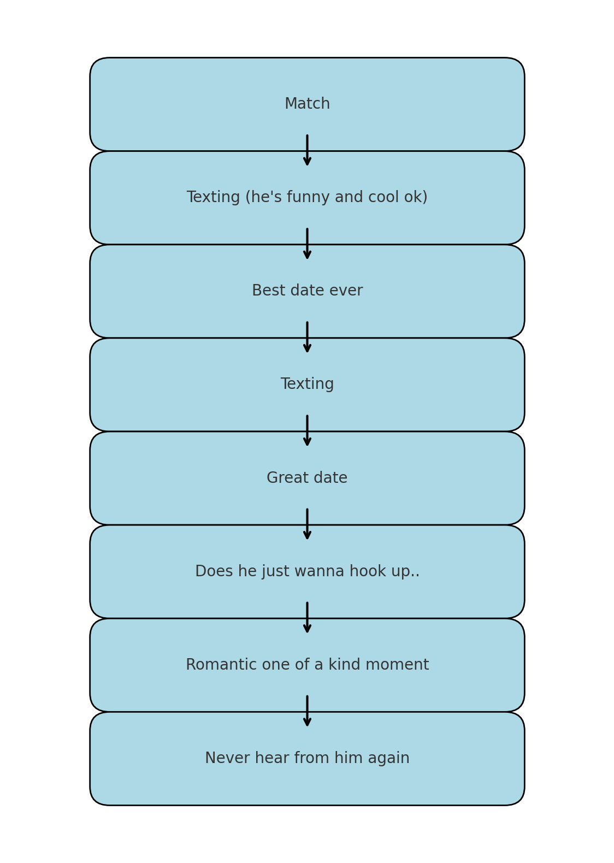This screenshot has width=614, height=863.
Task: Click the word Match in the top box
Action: [x=307, y=104]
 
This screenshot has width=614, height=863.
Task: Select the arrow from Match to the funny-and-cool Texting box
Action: [x=307, y=150]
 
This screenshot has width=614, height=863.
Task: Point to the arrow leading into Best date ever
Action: [x=307, y=244]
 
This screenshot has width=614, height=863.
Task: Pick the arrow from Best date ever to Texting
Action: [x=307, y=337]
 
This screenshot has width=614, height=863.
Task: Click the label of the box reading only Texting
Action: [x=307, y=385]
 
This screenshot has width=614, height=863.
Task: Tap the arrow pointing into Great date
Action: [x=307, y=431]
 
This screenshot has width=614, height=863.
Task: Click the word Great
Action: [x=283, y=478]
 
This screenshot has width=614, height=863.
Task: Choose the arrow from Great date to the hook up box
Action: [x=307, y=524]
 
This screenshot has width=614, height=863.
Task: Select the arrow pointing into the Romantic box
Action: [x=307, y=618]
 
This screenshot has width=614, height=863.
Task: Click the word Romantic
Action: [x=221, y=665]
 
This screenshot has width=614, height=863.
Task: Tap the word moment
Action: [x=397, y=665]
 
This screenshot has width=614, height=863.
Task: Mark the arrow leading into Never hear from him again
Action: [x=307, y=711]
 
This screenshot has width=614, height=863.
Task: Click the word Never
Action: [x=227, y=758]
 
